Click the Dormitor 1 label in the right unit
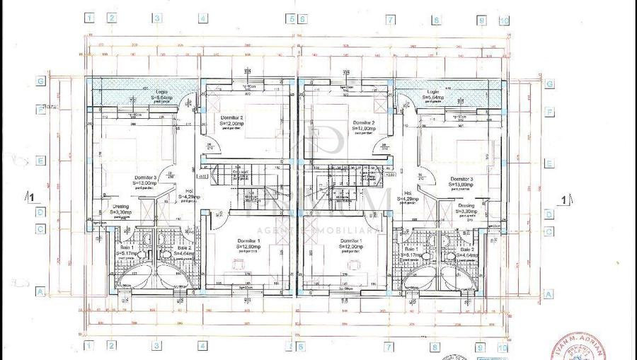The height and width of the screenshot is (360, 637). pyautogui.click(x=351, y=242)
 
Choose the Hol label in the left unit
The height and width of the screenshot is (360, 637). pyautogui.click(x=189, y=191)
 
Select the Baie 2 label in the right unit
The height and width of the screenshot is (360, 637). pyautogui.click(x=466, y=250)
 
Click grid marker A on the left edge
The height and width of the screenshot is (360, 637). pyautogui.click(x=41, y=291)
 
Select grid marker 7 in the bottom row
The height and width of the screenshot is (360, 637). pyautogui.click(x=389, y=347)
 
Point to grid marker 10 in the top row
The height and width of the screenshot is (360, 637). pyautogui.click(x=503, y=21)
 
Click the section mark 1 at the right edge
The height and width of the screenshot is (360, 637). pyautogui.click(x=564, y=199)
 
